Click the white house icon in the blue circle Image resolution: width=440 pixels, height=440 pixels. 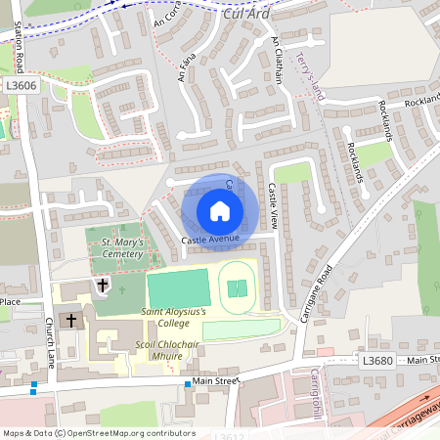[219, 210]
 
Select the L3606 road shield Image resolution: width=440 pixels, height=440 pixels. [22, 86]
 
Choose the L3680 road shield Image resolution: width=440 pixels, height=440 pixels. [377, 361]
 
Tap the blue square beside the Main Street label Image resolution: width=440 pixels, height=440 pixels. [188, 384]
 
